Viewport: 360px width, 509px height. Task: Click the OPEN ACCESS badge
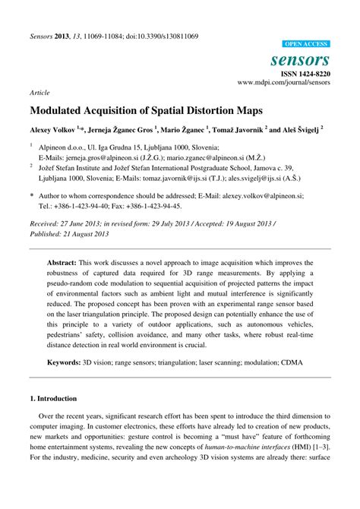point(306,45)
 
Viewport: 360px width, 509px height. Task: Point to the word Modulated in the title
point(62,109)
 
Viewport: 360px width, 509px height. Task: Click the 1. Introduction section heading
point(53,397)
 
